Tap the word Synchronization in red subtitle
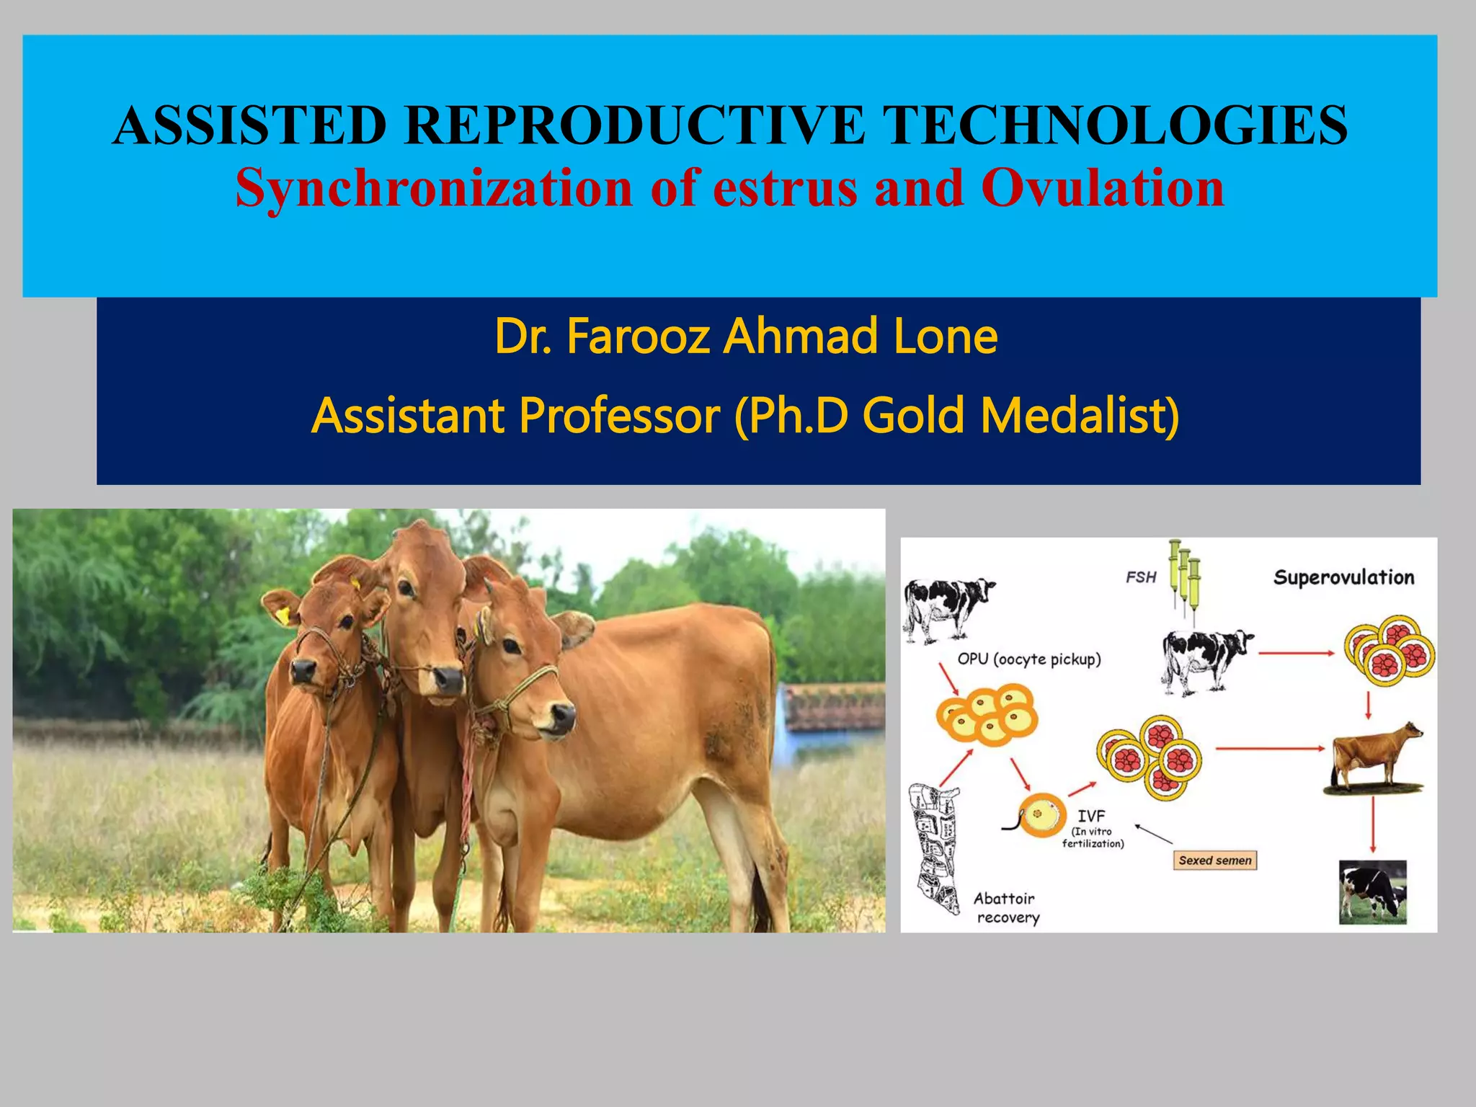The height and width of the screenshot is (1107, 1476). point(433,187)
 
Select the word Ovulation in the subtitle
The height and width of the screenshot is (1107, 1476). point(1102,187)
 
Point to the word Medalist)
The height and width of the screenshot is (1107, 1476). point(1080,416)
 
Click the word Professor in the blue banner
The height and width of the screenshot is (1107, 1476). point(619,416)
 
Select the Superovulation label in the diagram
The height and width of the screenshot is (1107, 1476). point(1343,577)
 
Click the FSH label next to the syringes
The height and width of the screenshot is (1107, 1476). point(1141,577)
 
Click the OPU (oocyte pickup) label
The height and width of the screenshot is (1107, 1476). point(1028,659)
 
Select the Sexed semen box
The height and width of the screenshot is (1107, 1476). point(1215,861)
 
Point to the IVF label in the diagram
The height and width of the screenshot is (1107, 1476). point(1091,816)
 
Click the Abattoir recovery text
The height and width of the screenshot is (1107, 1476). point(1006,908)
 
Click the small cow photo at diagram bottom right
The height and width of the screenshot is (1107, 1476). point(1372,892)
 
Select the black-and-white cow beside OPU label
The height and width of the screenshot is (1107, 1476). point(948,608)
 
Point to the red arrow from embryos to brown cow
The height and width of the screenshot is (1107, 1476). point(1270,749)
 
